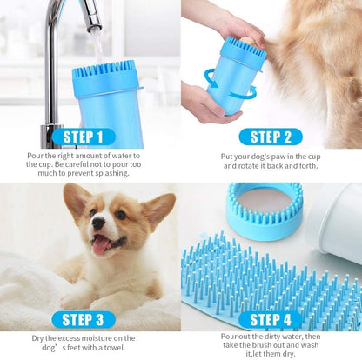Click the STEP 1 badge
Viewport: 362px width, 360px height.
(x=89, y=137)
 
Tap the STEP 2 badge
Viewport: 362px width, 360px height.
(x=270, y=137)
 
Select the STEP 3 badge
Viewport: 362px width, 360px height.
(x=89, y=319)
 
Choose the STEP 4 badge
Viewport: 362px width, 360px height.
(x=270, y=319)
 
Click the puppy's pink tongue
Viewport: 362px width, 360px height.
(x=102, y=245)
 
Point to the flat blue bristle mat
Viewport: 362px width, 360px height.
(x=261, y=278)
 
